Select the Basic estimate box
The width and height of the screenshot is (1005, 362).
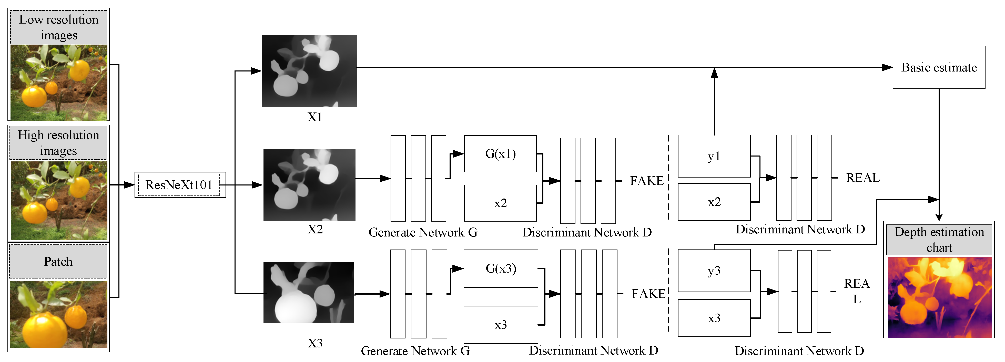938,67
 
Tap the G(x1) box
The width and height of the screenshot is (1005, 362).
500,154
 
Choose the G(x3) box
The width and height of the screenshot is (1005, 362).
501,268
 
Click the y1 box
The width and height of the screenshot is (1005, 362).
714,156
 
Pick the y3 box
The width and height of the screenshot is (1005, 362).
714,270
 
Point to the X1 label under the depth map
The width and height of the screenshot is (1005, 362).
314,117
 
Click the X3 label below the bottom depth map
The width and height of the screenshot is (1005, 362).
315,343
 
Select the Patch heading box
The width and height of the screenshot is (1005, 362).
58,261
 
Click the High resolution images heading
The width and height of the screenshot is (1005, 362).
58,143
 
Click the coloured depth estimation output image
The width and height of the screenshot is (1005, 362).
939,297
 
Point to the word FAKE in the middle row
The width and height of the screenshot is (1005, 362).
646,181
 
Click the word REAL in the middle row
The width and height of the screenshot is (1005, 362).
862,178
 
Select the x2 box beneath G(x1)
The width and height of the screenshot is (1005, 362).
500,203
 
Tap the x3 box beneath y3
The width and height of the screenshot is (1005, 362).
714,318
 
